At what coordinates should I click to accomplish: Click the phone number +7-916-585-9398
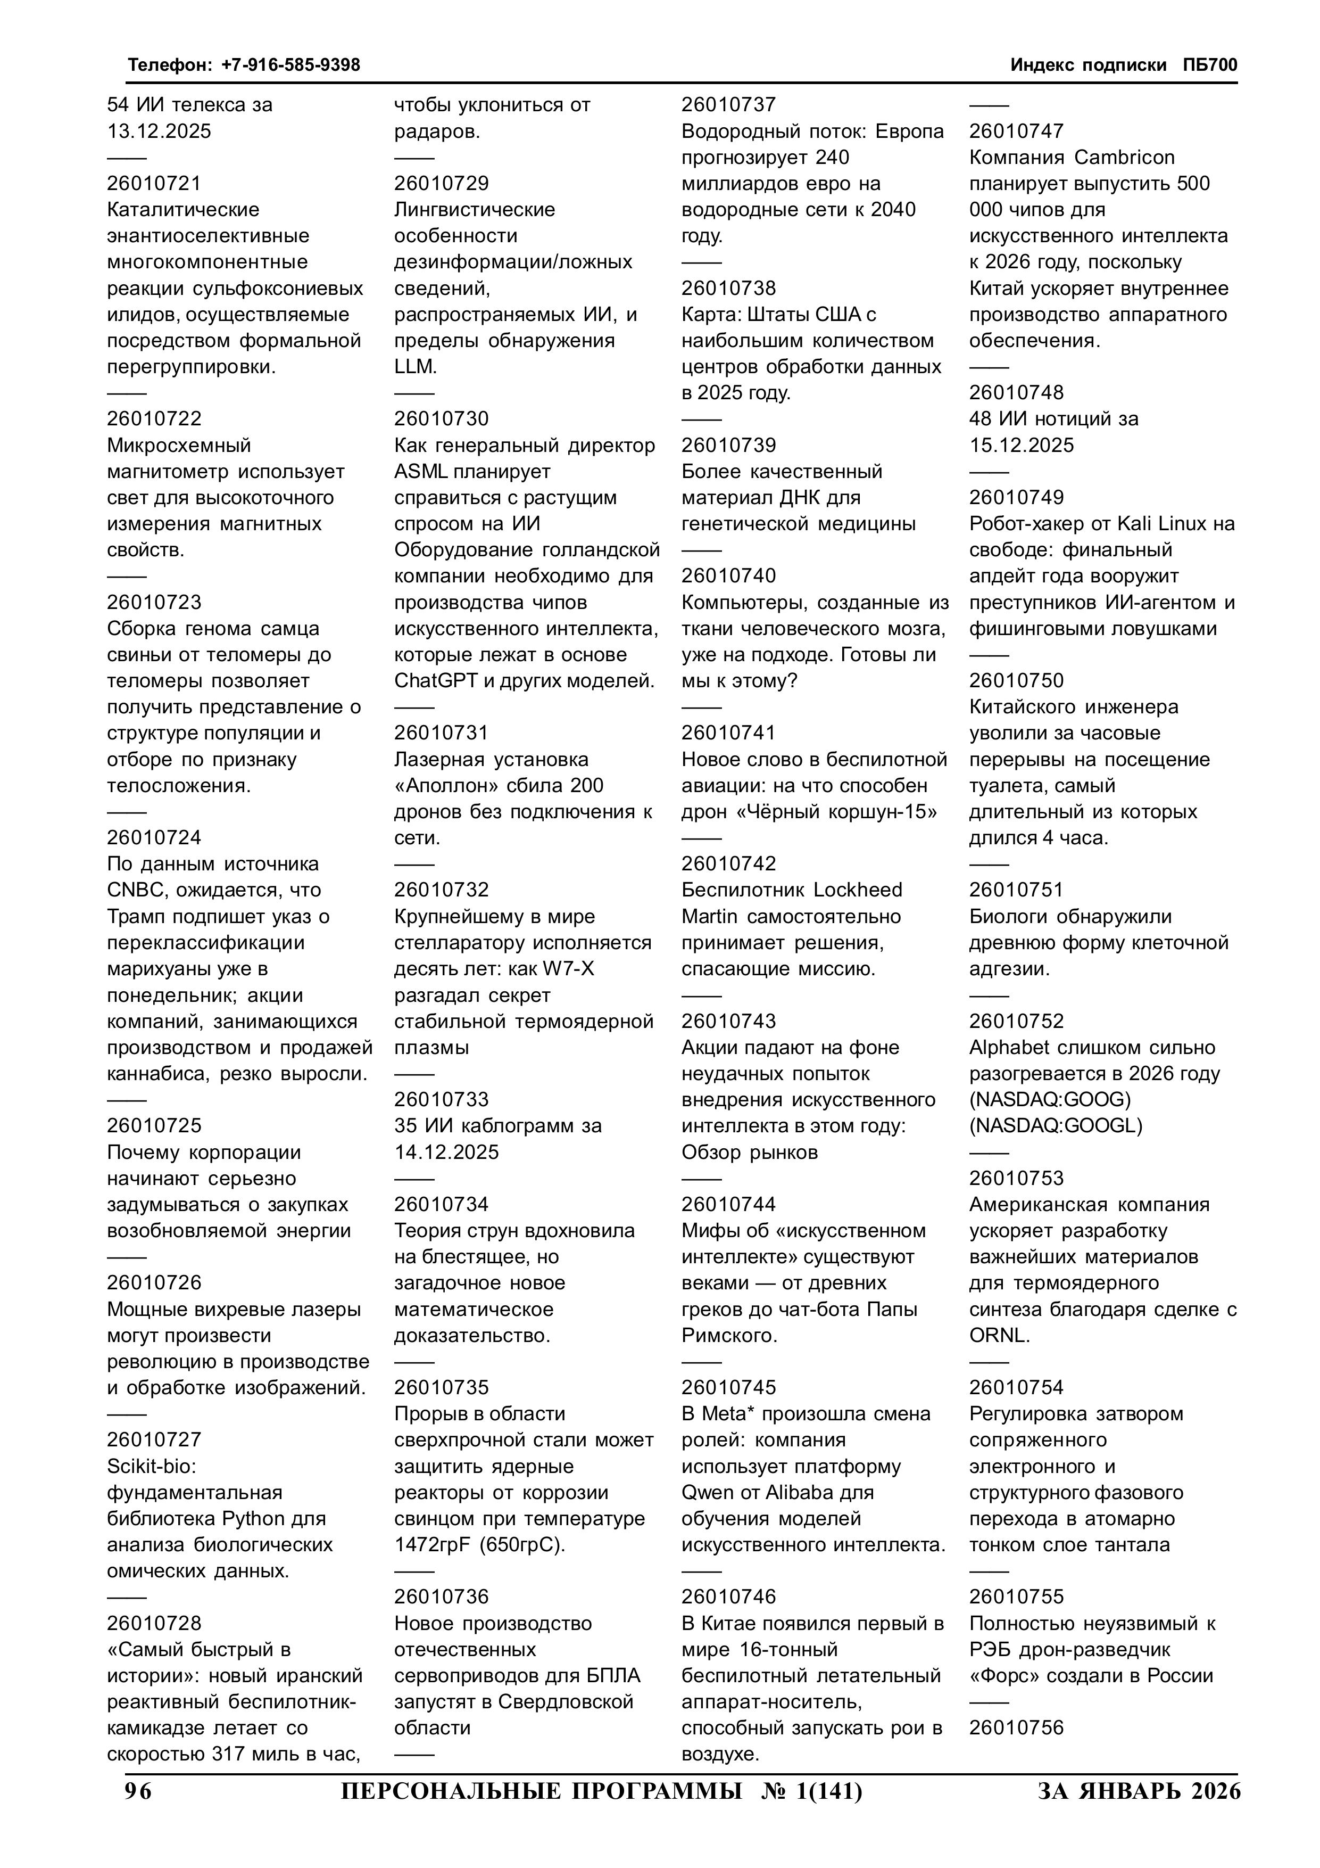point(290,65)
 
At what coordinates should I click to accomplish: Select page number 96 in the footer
point(138,1791)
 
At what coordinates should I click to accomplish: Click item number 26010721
point(154,184)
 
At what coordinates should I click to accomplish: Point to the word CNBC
point(134,890)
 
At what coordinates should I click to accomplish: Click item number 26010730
point(442,419)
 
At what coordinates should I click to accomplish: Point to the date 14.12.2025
point(446,1152)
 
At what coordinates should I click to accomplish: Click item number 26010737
point(729,105)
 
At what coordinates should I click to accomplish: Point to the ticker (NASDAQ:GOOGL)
point(1056,1126)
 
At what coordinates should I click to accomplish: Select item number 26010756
point(1016,1727)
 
